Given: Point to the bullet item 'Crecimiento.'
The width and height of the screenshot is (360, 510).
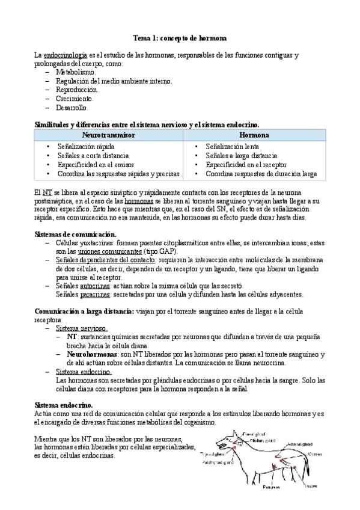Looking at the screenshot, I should (x=75, y=99).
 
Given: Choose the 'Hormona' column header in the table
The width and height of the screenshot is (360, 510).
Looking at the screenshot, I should (x=254, y=135).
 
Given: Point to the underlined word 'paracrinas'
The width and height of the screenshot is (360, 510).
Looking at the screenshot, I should (x=96, y=295).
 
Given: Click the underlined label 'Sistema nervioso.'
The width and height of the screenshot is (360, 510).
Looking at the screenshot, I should (x=82, y=329).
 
